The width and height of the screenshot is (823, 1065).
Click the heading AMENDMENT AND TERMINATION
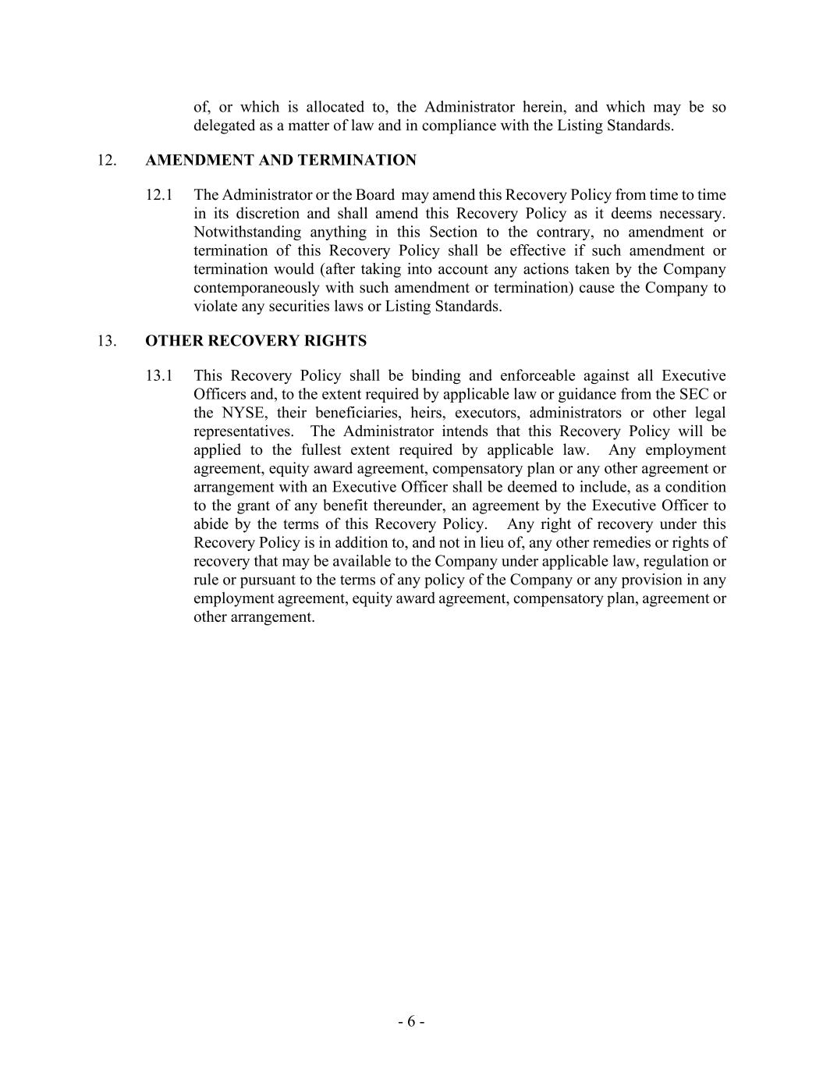(x=281, y=160)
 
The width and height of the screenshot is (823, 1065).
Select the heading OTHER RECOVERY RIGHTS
(x=256, y=341)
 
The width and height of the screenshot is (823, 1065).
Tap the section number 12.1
(x=159, y=195)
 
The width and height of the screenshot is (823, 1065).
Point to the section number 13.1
(x=159, y=376)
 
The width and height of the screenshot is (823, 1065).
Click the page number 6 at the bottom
(x=411, y=1022)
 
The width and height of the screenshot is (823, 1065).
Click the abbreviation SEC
(x=692, y=394)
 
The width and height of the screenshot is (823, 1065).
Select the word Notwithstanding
(x=246, y=233)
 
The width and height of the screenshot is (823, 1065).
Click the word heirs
(x=427, y=413)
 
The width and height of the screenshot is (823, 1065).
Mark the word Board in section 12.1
(x=375, y=195)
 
